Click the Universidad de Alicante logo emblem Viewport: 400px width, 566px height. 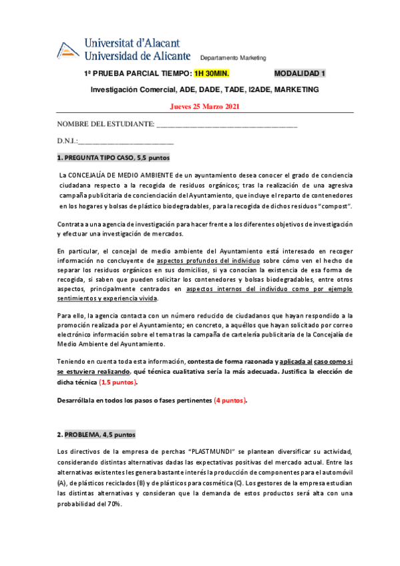click(68, 50)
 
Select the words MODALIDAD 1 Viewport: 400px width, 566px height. click(300, 73)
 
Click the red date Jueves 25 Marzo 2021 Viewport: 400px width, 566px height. click(205, 107)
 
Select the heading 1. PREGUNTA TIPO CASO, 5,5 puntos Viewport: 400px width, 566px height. click(114, 158)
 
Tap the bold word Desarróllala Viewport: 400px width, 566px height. click(77, 400)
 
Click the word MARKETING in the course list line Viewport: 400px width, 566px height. click(296, 89)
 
